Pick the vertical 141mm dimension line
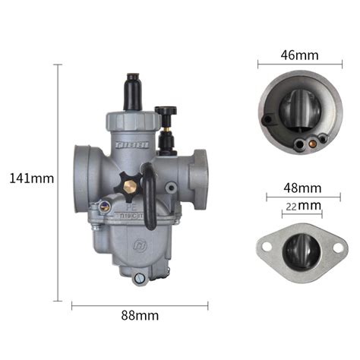[59, 179]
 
